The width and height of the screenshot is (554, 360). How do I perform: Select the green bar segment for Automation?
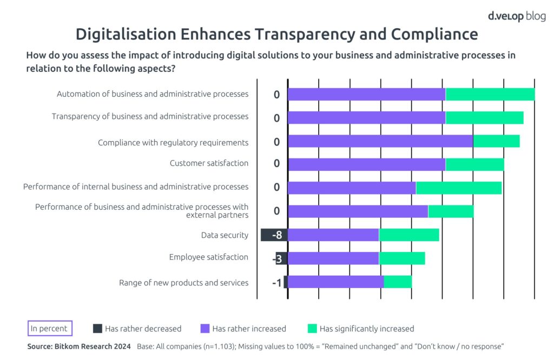[x=490, y=94]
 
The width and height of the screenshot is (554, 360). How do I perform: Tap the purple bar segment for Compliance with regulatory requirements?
[x=380, y=141]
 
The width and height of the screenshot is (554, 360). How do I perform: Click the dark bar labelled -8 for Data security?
[x=274, y=235]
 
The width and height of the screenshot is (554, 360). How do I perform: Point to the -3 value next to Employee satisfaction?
[x=277, y=259]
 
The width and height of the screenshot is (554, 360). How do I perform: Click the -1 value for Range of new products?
[x=276, y=282]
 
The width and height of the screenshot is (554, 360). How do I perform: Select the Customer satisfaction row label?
[x=209, y=163]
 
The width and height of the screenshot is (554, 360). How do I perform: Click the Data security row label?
[x=225, y=235]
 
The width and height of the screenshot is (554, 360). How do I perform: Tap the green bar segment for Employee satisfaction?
[x=401, y=258]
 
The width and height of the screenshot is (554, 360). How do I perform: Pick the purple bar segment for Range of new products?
[x=335, y=282]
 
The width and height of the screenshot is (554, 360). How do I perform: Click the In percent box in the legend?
[x=49, y=328]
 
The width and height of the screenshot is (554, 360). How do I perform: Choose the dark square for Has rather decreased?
[x=97, y=328]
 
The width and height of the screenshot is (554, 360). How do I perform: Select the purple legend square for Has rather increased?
[x=205, y=328]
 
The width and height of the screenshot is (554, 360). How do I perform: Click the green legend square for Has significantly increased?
[x=312, y=328]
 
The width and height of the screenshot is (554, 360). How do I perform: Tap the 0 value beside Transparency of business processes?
[x=276, y=118]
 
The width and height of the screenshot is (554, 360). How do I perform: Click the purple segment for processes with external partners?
[x=358, y=211]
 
